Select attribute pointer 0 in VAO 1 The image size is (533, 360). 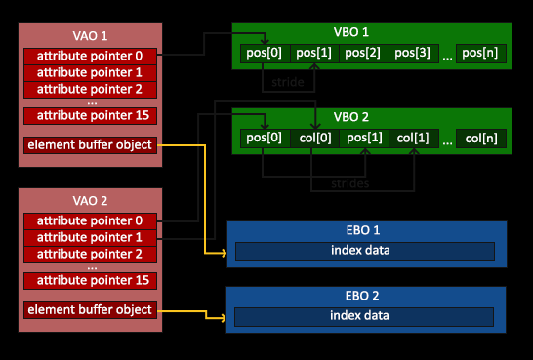click(x=89, y=56)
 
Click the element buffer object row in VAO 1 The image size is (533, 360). click(x=89, y=146)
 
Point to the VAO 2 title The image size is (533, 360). click(x=89, y=201)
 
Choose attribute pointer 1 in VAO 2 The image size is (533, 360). click(x=89, y=237)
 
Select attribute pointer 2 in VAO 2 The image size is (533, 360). click(x=89, y=254)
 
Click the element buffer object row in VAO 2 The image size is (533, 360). click(x=89, y=310)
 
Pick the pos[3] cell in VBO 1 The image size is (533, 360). click(x=413, y=53)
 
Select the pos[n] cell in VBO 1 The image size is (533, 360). click(x=481, y=53)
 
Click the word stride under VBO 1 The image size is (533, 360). click(x=290, y=82)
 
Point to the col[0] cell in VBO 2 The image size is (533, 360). click(x=314, y=139)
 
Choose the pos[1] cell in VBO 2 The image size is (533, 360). click(x=363, y=139)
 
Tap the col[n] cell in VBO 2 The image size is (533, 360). click(x=481, y=139)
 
